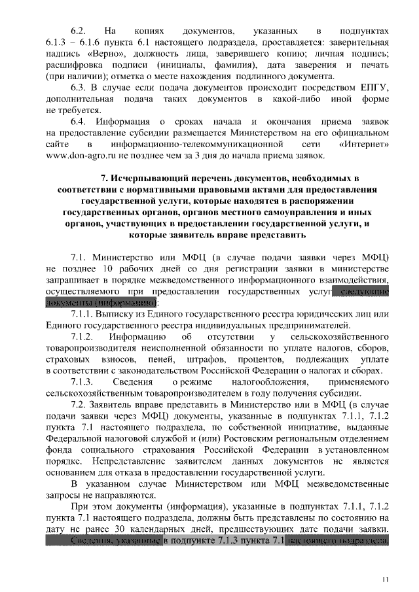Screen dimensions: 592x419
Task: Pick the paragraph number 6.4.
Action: (x=79, y=121)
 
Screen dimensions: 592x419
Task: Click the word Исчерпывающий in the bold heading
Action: (x=153, y=178)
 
